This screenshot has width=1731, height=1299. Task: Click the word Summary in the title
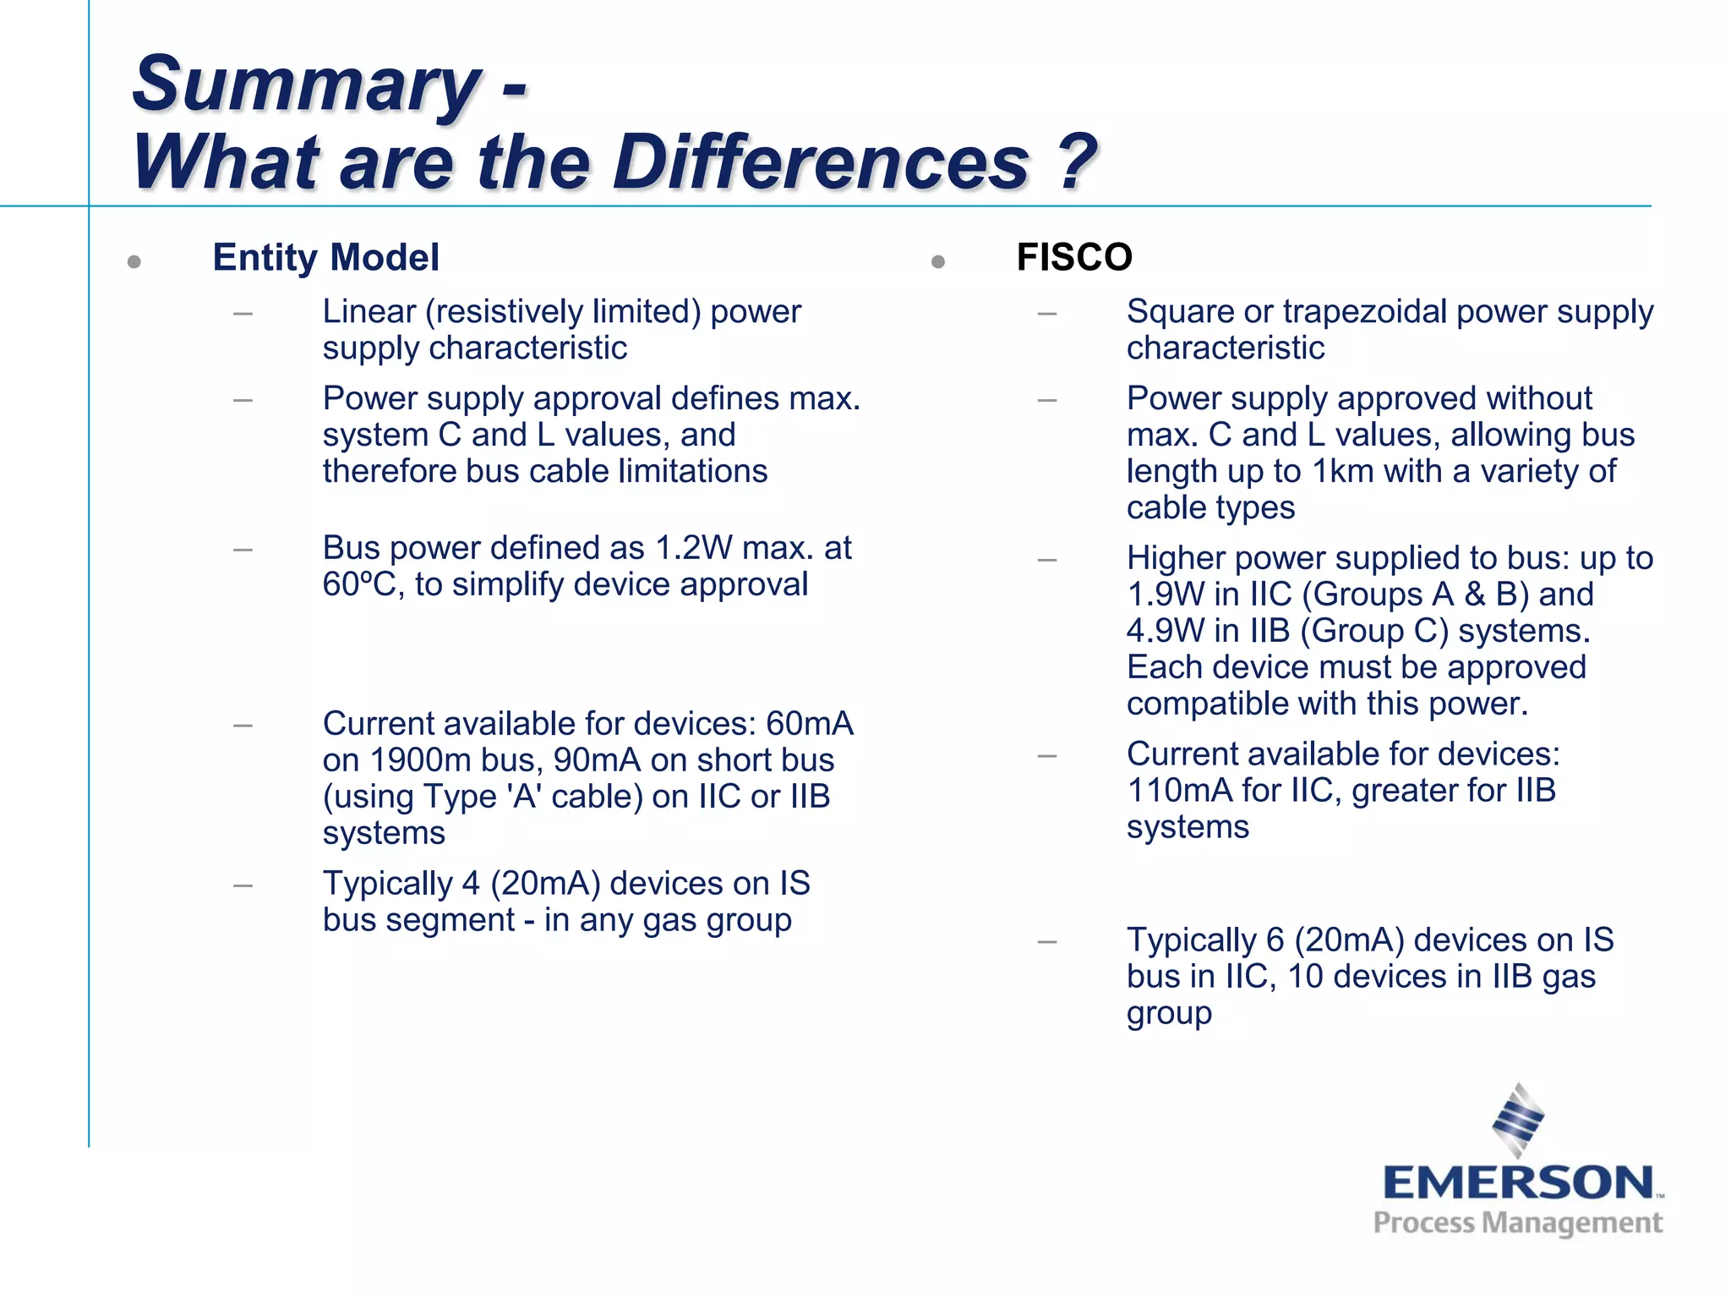[x=306, y=85]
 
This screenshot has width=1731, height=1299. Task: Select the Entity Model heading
[x=325, y=257]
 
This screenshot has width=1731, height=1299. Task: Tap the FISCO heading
[x=1074, y=257]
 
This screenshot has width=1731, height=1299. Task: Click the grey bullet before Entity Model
[x=134, y=262]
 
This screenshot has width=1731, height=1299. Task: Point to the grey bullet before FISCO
[x=937, y=262]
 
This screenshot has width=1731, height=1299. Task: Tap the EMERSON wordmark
[x=1518, y=1182]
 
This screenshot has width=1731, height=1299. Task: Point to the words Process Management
[x=1518, y=1223]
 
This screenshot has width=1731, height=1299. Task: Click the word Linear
[x=369, y=312]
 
